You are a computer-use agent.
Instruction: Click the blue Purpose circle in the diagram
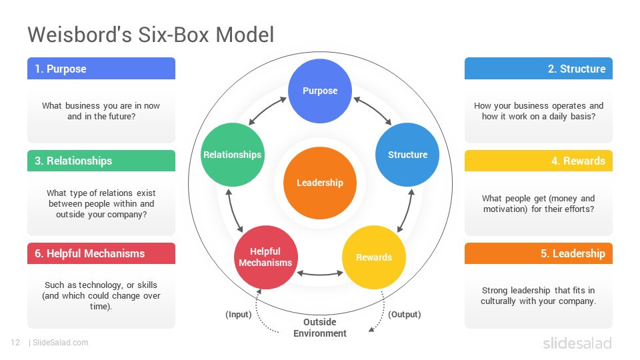pyautogui.click(x=320, y=91)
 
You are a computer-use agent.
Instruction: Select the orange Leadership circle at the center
pyautogui.click(x=320, y=183)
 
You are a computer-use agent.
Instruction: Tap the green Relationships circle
pyautogui.click(x=232, y=155)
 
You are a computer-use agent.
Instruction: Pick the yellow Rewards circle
pyautogui.click(x=374, y=257)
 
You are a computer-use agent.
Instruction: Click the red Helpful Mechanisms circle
pyautogui.click(x=265, y=257)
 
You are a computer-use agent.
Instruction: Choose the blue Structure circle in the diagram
pyautogui.click(x=407, y=155)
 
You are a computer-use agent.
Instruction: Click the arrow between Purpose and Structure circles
pyautogui.click(x=373, y=111)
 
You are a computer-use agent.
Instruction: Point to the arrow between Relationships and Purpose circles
pyautogui.click(x=267, y=111)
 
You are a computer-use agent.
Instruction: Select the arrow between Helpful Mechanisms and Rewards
pyautogui.click(x=319, y=273)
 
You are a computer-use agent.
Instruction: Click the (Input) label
pyautogui.click(x=238, y=314)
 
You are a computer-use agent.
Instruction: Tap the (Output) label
pyautogui.click(x=404, y=314)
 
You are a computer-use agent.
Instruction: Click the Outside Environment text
pyautogui.click(x=320, y=327)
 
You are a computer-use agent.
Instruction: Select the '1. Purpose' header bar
pyautogui.click(x=101, y=69)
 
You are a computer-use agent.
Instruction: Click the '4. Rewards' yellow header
pyautogui.click(x=538, y=161)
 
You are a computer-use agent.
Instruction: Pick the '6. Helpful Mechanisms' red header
pyautogui.click(x=101, y=253)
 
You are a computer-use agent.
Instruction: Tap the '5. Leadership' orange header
pyautogui.click(x=538, y=253)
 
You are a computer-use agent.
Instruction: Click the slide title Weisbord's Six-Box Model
pyautogui.click(x=151, y=35)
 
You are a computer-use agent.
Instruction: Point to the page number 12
pyautogui.click(x=15, y=343)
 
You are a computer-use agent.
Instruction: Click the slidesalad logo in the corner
pyautogui.click(x=577, y=343)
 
